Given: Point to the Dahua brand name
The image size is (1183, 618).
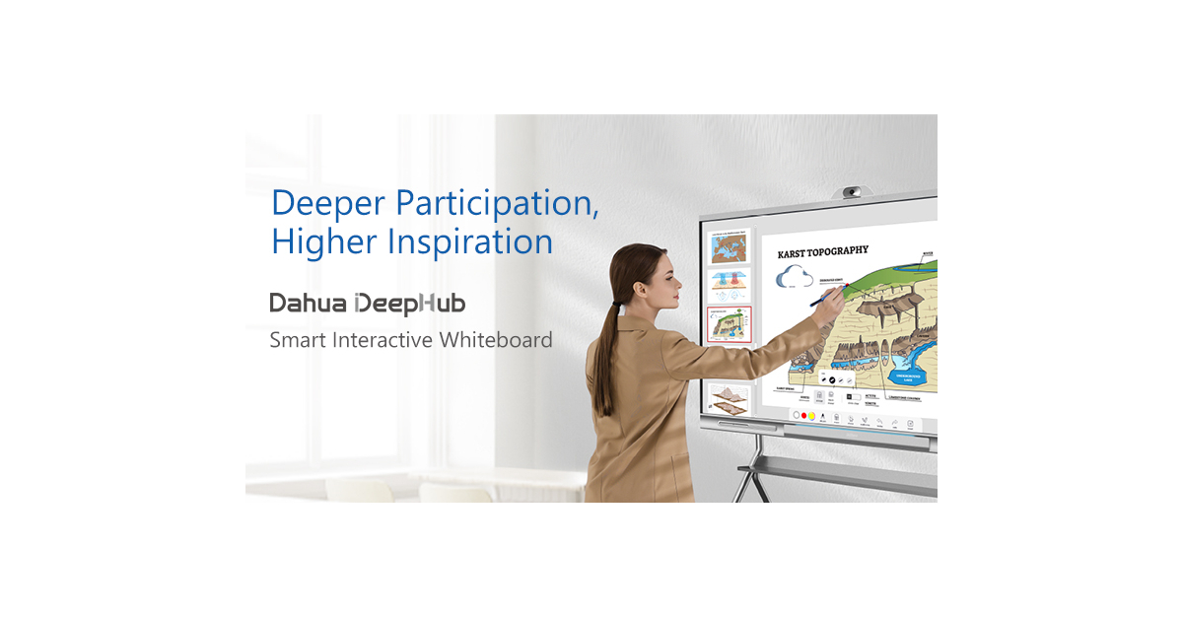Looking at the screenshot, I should point(307,303).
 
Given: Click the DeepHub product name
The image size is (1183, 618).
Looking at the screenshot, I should point(409,303).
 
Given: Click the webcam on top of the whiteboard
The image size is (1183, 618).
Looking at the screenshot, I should point(853,190).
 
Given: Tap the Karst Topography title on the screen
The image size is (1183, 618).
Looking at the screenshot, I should point(824,253).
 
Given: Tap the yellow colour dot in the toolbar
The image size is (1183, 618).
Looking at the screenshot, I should point(811,416).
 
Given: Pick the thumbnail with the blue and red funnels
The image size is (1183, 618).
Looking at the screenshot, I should point(730,286).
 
